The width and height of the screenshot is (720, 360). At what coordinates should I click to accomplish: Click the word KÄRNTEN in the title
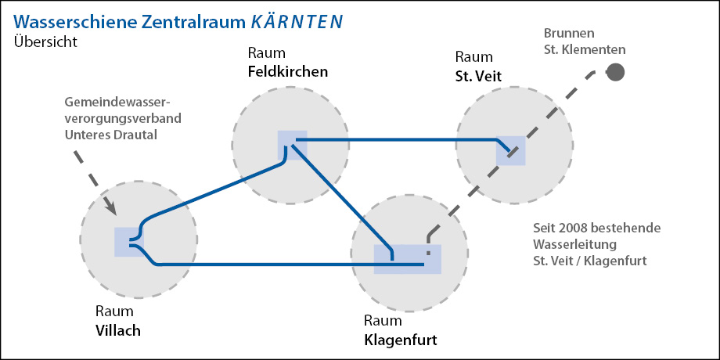click(297, 21)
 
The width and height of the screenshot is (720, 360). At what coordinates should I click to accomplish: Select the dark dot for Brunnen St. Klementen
click(616, 72)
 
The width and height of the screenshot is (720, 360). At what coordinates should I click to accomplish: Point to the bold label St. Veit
click(478, 75)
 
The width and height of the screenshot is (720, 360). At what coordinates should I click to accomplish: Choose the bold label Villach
click(117, 329)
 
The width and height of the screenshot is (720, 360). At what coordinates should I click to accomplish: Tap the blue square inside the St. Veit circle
click(511, 150)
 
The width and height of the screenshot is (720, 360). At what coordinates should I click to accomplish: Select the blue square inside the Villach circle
click(129, 241)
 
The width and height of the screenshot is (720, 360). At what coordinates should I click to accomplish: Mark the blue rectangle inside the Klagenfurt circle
click(408, 259)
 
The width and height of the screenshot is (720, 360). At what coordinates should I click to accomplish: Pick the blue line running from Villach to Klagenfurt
click(274, 265)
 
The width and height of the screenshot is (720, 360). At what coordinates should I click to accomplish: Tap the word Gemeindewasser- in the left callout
click(118, 103)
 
